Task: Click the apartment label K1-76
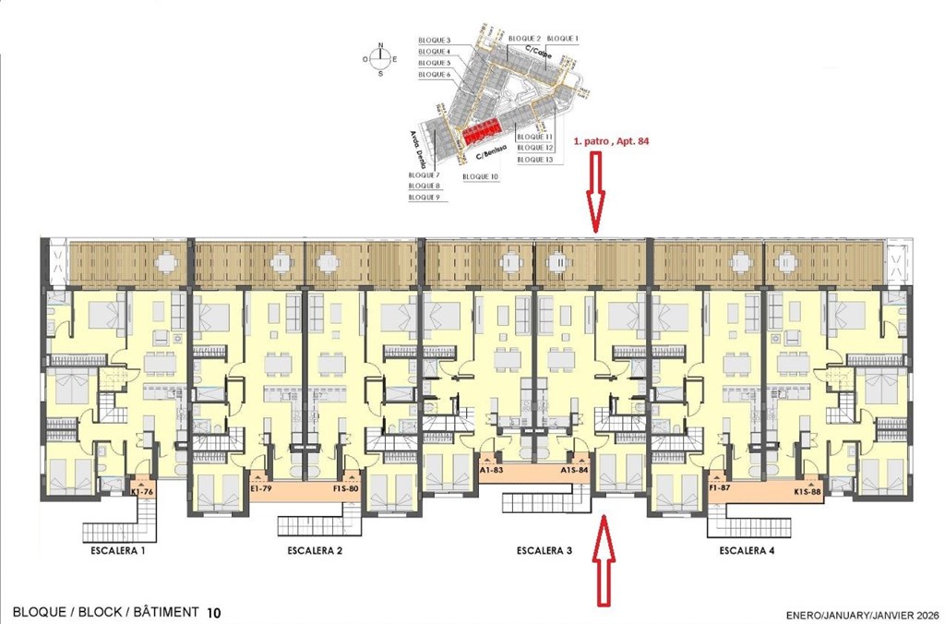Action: click(142, 493)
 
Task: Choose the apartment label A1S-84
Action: click(574, 470)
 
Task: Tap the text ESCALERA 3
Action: click(544, 551)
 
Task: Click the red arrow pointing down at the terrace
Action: click(595, 192)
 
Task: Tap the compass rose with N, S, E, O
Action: click(380, 58)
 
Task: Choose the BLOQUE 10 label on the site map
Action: click(481, 176)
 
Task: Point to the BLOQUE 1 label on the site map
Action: click(563, 38)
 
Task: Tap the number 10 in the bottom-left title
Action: click(214, 612)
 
